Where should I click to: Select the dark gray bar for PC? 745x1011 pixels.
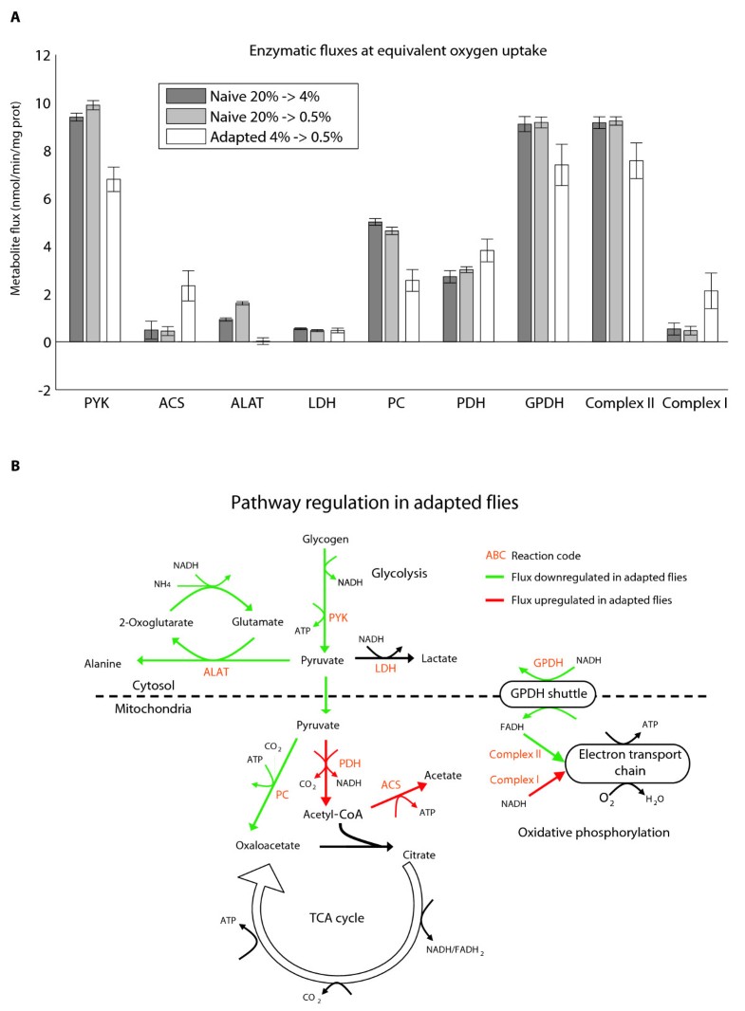pos(375,282)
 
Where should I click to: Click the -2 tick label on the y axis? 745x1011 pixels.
pos(41,390)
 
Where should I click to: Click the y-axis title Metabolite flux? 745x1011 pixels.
pos(16,222)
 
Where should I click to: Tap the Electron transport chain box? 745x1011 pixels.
pos(624,760)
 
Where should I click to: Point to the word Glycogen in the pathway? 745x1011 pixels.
pos(325,539)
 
